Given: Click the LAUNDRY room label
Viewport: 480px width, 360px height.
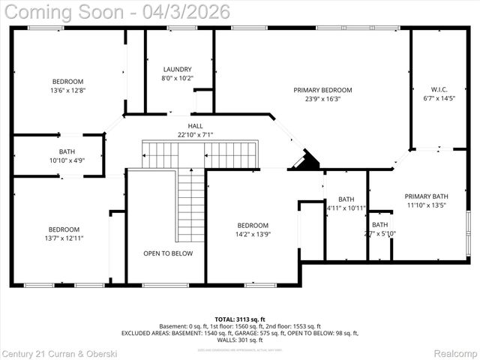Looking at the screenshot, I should tap(178, 69).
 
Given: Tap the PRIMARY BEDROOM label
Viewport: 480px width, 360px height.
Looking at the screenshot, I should tap(322, 90).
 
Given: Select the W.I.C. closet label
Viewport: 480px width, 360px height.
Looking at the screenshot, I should tap(439, 90).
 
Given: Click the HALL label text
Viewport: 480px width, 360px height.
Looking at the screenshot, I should tap(196, 126).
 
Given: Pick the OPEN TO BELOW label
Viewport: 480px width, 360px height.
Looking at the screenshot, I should tap(168, 253).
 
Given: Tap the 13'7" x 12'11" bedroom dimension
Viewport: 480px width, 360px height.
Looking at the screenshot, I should tap(64, 238).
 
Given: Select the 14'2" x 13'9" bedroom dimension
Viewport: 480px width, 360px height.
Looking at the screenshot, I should tap(253, 234).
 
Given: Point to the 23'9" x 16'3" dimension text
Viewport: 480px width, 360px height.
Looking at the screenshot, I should tap(322, 98).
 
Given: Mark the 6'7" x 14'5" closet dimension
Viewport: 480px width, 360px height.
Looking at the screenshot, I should tap(439, 98).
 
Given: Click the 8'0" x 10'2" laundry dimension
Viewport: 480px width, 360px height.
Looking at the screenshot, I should tap(178, 77).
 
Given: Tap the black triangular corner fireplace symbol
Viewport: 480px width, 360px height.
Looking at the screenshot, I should tap(305, 161).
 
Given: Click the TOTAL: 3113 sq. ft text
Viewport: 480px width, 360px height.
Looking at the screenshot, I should tap(240, 319).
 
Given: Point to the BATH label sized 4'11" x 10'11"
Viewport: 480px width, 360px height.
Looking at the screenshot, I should tap(346, 199).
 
